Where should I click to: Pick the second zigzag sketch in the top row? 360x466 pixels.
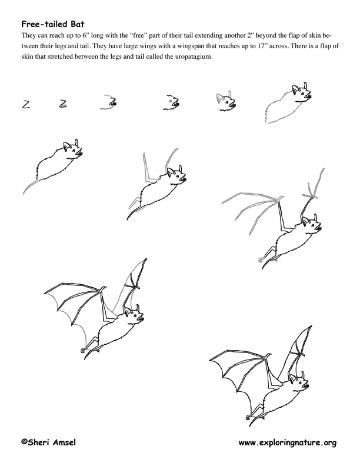point(63,104)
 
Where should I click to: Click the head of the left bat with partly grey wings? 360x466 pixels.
point(134,316)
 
